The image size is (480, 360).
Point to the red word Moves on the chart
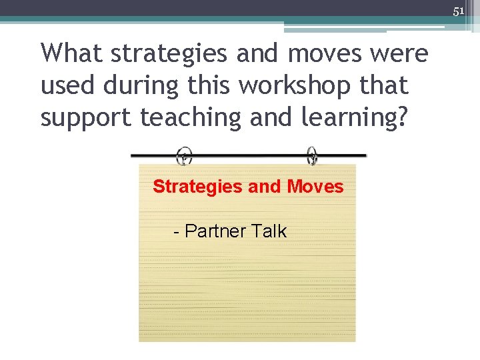pos(315,187)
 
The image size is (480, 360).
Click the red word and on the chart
pos(265,187)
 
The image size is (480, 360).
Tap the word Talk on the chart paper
pos(269,231)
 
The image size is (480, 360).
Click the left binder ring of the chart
pos(185,155)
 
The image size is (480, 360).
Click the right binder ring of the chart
pos(312,155)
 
